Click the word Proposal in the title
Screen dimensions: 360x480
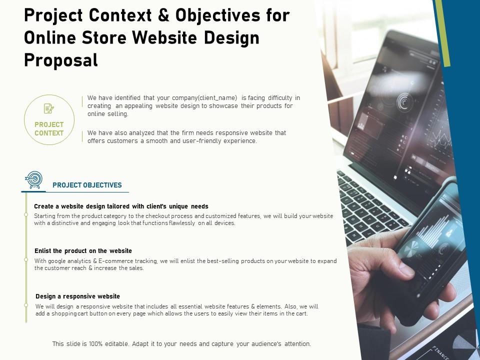click(61, 60)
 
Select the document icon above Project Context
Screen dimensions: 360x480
click(49, 108)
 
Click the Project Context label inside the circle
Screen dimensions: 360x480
click(49, 129)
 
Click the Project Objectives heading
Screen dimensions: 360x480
click(87, 185)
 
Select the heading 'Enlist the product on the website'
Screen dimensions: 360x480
click(83, 250)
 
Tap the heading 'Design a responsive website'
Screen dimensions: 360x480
click(77, 296)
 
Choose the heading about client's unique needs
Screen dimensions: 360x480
click(121, 206)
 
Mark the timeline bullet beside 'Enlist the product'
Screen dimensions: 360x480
click(26, 260)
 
